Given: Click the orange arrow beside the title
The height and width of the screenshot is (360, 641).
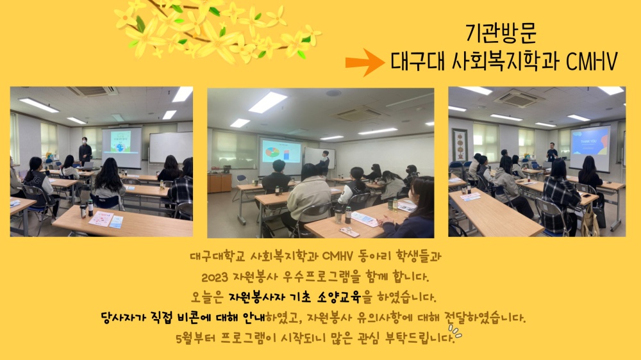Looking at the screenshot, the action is coord(365,62).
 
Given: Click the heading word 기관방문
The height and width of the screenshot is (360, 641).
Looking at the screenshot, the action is coord(501,33).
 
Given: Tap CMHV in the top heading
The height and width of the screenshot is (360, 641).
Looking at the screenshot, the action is coord(592,61).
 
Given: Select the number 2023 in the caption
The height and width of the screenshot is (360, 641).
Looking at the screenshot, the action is coord(215,277).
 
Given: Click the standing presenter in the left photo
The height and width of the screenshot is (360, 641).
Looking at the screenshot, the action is coord(85,152).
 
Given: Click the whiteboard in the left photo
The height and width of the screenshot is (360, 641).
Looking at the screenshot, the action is coord(171,147).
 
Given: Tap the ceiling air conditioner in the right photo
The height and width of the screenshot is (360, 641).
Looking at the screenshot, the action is coord(518,98).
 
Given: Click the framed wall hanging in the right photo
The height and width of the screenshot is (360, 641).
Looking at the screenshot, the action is coord(460,145).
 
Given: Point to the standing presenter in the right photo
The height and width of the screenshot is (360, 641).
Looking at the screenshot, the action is coord(552,154).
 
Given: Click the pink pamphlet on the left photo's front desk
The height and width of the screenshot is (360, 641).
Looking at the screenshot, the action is coord(101,219).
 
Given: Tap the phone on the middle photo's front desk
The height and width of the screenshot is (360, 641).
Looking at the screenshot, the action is coord(349,232).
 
